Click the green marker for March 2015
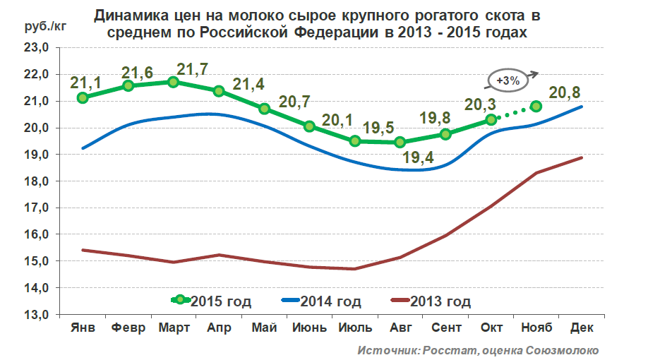[x=174, y=83]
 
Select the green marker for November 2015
[x=536, y=106]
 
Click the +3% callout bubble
[x=508, y=80]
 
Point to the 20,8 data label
[x=565, y=92]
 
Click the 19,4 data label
[x=418, y=157]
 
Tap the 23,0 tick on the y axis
[x=37, y=48]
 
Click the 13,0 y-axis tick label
[x=37, y=315]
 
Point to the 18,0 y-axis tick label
[x=37, y=181]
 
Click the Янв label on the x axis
[x=83, y=328]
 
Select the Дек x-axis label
[x=581, y=328]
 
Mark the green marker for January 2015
[x=83, y=97]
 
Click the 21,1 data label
[x=86, y=83]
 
